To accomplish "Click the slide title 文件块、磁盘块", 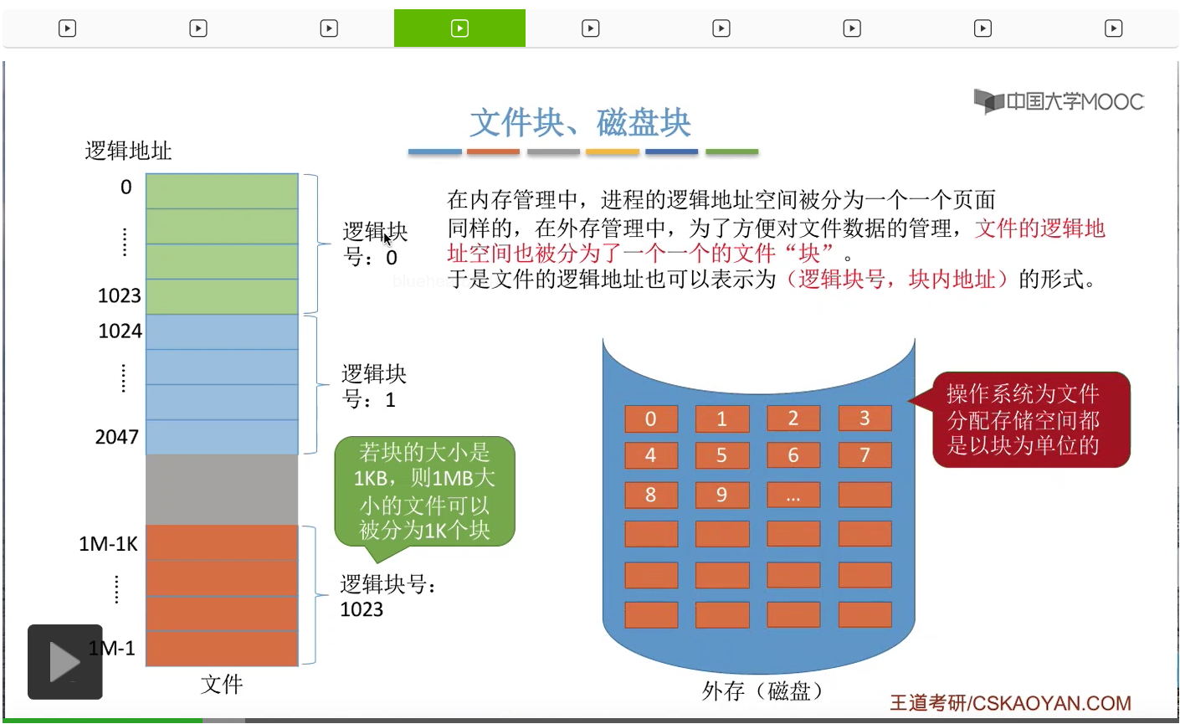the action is coord(580,123).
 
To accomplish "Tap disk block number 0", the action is coord(650,418).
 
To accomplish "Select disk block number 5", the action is coord(721,455).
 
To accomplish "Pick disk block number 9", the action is coord(721,495).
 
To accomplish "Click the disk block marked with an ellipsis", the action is coord(793,495).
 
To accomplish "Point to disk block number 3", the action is coord(864,418).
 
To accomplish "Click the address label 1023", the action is coord(119,295).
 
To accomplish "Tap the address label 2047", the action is coord(116,437).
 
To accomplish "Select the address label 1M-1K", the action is coord(108,544).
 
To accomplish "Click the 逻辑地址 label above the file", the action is coord(128,151).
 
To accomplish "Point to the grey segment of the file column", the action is coord(222,489).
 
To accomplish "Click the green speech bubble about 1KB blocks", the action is coord(424,491).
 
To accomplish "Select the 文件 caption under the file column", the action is coord(222,684).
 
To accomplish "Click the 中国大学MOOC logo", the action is coord(1059,101).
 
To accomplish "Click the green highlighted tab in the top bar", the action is coord(459,28).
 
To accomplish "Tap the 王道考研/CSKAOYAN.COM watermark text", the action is coord(1009,702).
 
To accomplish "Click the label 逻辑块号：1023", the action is coord(387,596).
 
